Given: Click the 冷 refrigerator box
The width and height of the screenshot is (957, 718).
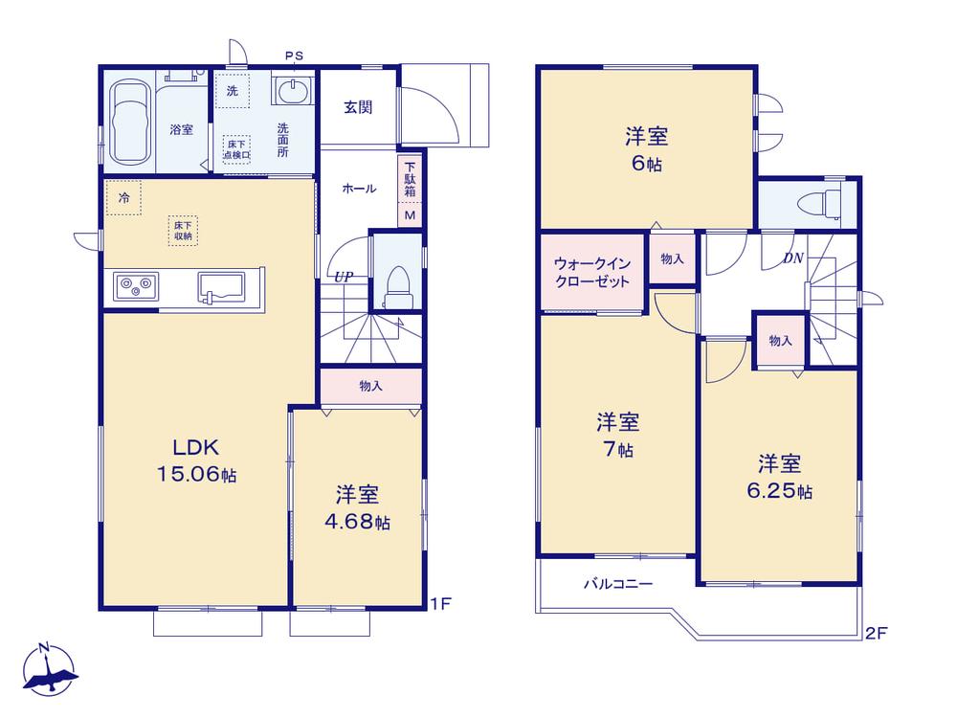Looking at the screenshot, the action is tap(123, 197).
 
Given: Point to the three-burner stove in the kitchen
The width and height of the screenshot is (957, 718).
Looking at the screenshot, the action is tap(136, 285).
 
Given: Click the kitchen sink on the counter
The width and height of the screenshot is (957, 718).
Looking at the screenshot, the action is tap(220, 287).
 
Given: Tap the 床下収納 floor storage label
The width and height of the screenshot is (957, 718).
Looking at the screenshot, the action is tap(183, 230).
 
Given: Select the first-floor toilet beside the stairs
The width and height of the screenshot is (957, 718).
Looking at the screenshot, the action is tap(397, 285).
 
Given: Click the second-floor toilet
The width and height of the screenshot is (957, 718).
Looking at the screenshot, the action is tap(822, 203).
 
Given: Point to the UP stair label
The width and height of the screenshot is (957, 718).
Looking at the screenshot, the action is tap(344, 277).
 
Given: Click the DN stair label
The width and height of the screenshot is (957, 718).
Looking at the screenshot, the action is tap(793, 258).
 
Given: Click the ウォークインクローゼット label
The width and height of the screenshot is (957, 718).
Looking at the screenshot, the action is tap(592, 272).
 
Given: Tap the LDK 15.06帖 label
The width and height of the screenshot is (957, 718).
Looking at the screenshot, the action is tap(196, 460).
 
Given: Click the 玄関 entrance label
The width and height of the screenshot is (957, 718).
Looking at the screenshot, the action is tap(358, 107).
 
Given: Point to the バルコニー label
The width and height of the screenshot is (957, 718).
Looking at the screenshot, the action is tap(618, 584).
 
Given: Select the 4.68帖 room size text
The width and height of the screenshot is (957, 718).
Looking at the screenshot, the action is tap(357, 522).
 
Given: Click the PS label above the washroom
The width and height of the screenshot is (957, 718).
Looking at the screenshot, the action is tap(294, 56).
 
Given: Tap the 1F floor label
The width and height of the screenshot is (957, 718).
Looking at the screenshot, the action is tap(440, 604).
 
